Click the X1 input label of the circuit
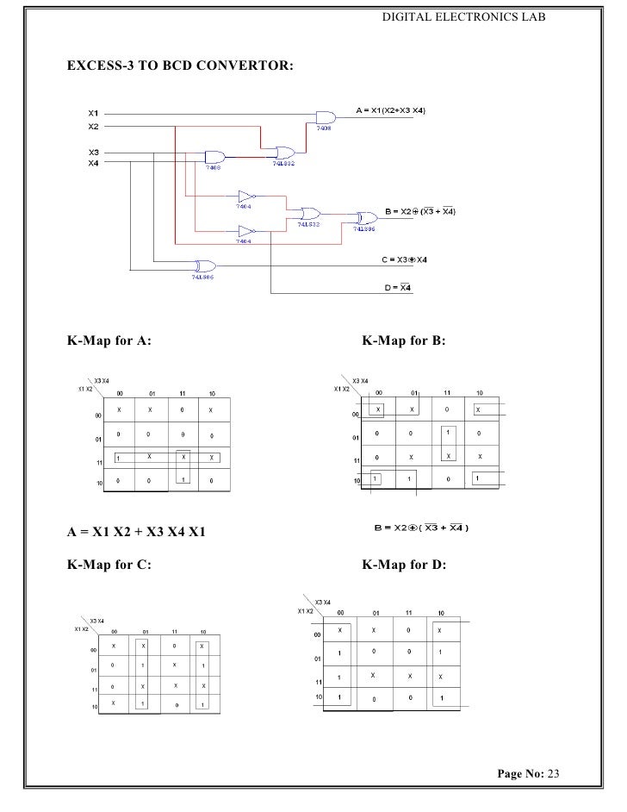click(94, 112)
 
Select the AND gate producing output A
click(326, 117)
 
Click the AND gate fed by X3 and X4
click(214, 157)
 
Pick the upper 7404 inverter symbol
click(247, 195)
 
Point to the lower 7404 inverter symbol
click(247, 231)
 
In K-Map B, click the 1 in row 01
click(447, 432)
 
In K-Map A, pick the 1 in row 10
click(183, 479)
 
